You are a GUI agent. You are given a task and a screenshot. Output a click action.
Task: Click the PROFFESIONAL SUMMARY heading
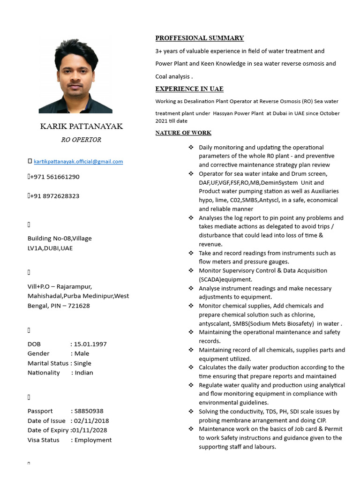click(200, 38)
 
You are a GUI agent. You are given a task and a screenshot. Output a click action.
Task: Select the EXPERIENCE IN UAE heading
click(189, 89)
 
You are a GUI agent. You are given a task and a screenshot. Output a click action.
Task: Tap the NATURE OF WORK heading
click(183, 133)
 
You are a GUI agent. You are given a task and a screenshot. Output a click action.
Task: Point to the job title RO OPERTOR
click(81, 140)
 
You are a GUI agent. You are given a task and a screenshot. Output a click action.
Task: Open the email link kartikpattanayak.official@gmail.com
click(78, 162)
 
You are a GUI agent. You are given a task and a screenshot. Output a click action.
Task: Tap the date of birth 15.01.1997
click(90, 344)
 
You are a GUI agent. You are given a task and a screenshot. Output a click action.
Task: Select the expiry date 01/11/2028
click(90, 430)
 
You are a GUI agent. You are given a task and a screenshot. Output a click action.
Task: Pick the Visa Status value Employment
click(93, 440)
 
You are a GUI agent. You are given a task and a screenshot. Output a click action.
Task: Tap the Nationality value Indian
click(84, 373)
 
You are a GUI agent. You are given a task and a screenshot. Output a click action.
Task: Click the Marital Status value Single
click(82, 363)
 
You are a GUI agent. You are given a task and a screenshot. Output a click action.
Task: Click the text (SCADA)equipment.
click(225, 279)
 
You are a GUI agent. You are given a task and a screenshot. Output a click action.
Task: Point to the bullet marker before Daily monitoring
click(191, 147)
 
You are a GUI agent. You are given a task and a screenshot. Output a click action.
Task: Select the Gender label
click(38, 353)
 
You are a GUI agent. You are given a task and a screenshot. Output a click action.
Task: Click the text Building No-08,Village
click(60, 238)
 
